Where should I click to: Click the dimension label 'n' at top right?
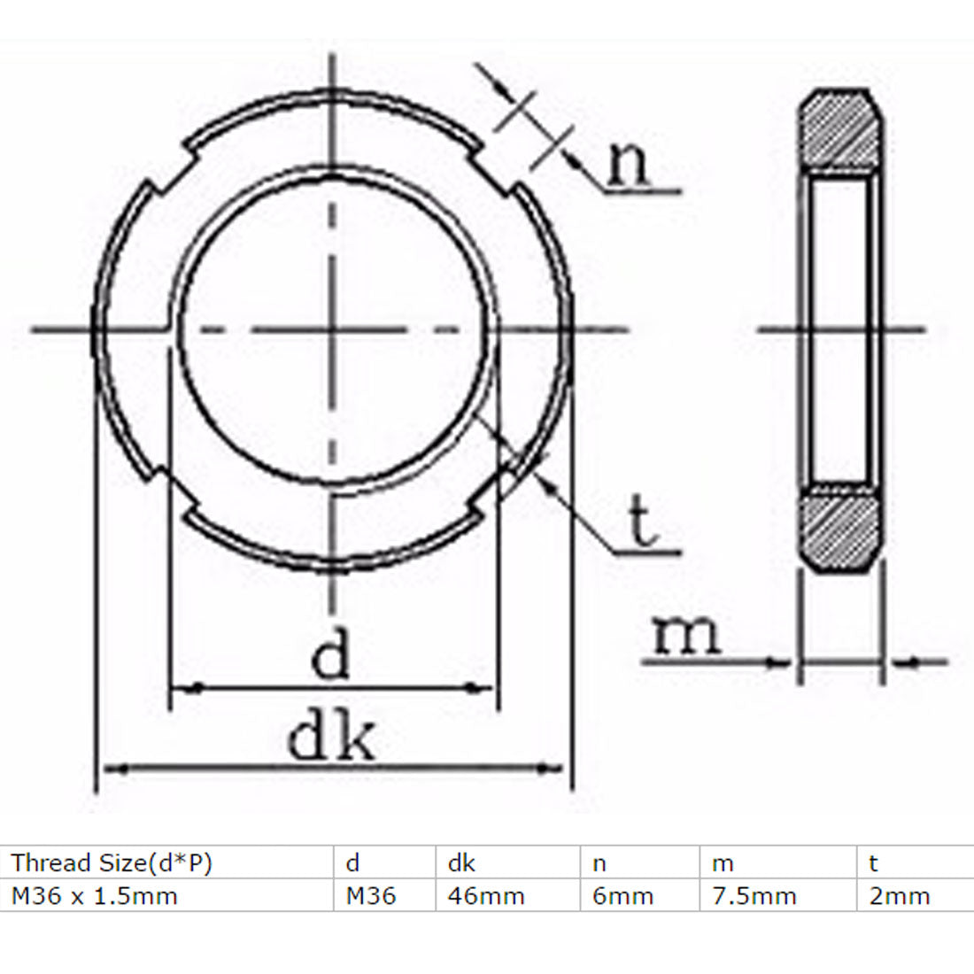(630, 166)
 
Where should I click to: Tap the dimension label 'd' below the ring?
(331, 656)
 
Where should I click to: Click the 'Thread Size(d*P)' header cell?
(112, 862)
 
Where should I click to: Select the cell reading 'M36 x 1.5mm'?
(95, 895)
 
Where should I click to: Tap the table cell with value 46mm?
(486, 895)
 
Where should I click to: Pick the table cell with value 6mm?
(623, 895)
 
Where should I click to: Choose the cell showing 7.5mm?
(754, 895)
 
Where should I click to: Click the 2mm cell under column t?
(900, 895)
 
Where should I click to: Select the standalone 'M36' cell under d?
(370, 895)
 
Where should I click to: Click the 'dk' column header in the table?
(461, 862)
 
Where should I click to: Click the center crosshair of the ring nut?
(332, 329)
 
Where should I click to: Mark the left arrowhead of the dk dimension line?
(112, 767)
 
